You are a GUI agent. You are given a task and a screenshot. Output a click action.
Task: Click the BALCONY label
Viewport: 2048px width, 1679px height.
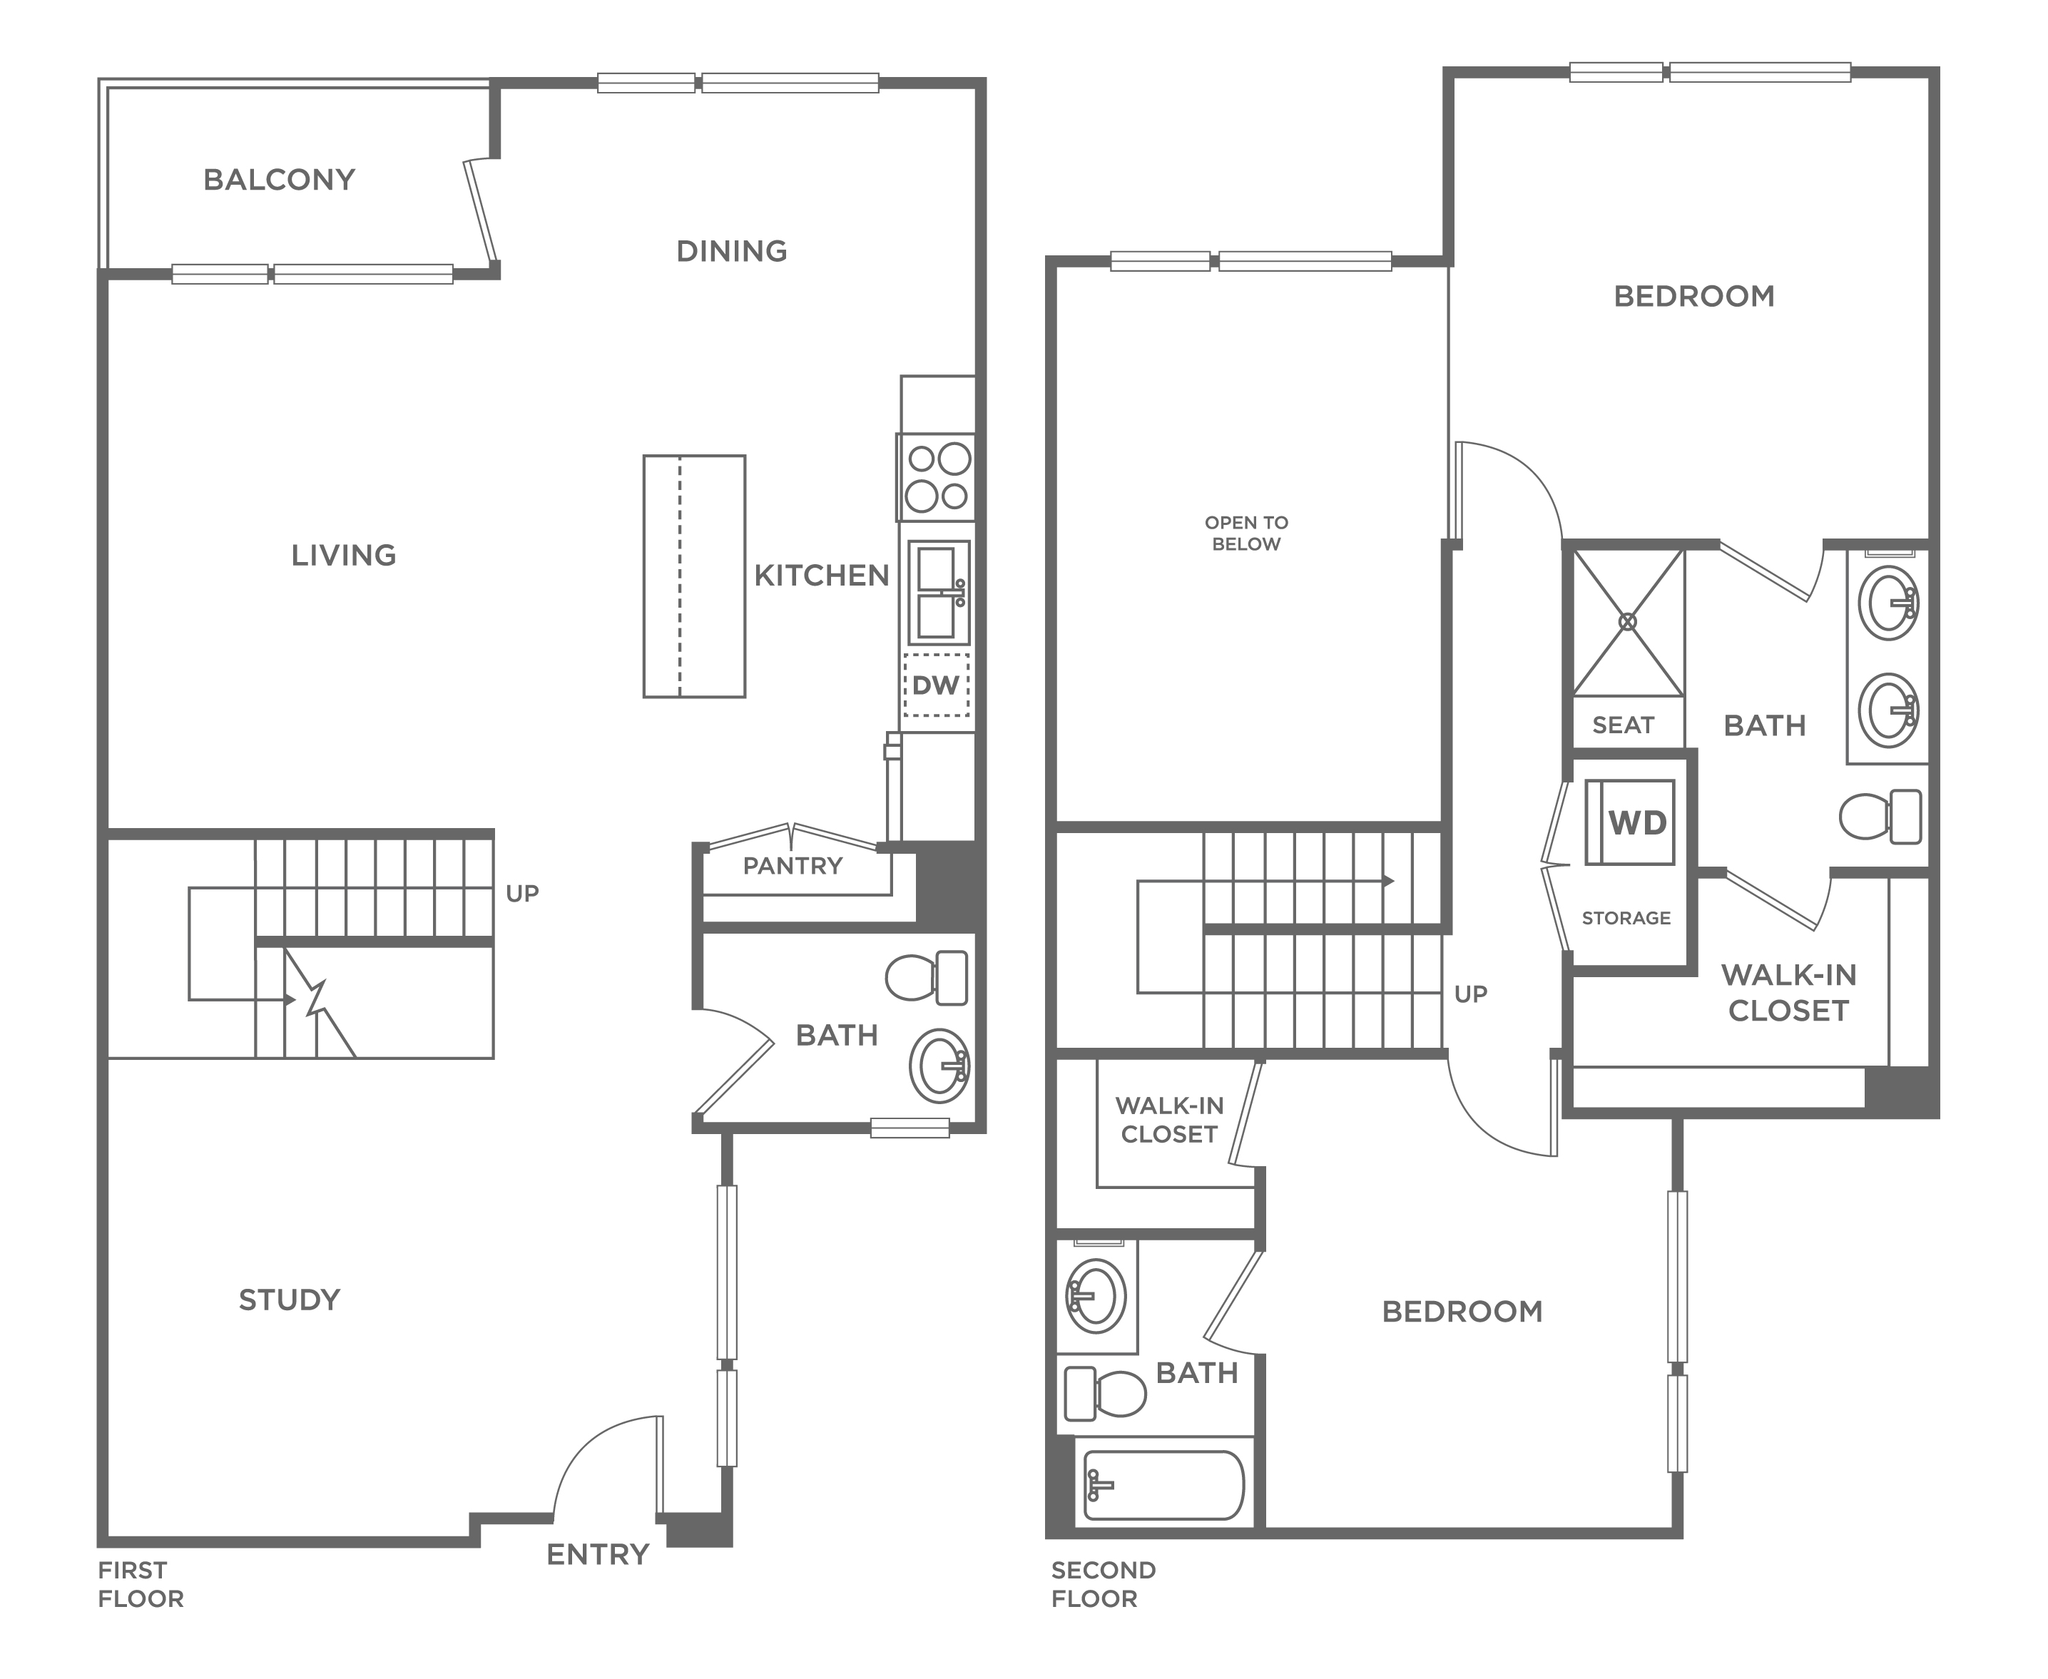(x=279, y=180)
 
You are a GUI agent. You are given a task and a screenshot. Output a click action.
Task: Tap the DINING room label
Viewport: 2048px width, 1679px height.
(x=731, y=252)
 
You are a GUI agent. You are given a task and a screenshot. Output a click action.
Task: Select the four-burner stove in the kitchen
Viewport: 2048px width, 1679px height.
(x=935, y=478)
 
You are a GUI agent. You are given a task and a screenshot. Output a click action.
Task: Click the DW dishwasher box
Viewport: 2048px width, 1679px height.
(x=935, y=685)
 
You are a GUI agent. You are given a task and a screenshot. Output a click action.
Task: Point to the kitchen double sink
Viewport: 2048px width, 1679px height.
(x=938, y=593)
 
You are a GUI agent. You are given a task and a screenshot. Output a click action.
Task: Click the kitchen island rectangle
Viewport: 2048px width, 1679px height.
(x=695, y=576)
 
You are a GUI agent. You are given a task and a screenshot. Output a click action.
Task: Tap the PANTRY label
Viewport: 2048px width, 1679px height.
(x=793, y=866)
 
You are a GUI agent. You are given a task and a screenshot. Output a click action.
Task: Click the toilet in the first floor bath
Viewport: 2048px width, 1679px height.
(x=927, y=978)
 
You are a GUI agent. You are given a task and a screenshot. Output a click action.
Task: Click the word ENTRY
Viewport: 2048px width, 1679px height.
(x=598, y=1554)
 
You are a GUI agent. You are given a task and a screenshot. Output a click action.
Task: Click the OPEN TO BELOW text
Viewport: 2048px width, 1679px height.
(x=1246, y=533)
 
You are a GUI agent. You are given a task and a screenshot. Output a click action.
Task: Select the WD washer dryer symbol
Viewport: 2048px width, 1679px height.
(x=1630, y=822)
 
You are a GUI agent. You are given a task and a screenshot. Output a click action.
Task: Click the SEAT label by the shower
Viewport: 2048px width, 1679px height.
(x=1624, y=725)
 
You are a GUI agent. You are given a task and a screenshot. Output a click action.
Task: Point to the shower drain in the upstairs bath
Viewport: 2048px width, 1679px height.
(x=1628, y=622)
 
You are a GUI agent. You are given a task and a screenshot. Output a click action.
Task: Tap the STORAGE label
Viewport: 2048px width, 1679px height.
(x=1626, y=918)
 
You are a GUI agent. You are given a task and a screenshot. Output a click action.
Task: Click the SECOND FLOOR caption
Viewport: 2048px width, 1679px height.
(x=1103, y=1584)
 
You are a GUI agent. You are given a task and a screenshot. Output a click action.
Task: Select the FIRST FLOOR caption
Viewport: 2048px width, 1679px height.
(x=141, y=1584)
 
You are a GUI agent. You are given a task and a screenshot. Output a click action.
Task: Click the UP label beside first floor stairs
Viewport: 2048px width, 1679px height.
(x=522, y=894)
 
